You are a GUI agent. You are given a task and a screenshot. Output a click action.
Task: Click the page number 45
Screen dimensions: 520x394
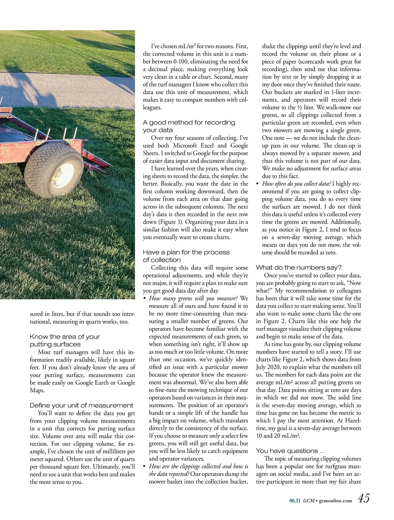coord(363,498)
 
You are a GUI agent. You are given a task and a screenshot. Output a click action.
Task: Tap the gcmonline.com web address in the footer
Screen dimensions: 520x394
coord(336,501)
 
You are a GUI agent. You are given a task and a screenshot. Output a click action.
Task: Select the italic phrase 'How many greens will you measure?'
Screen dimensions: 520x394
coord(194,298)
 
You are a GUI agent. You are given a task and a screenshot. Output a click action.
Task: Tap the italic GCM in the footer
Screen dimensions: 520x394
coord(308,501)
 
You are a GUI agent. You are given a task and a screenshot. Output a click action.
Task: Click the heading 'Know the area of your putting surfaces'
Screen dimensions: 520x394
coord(65,341)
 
